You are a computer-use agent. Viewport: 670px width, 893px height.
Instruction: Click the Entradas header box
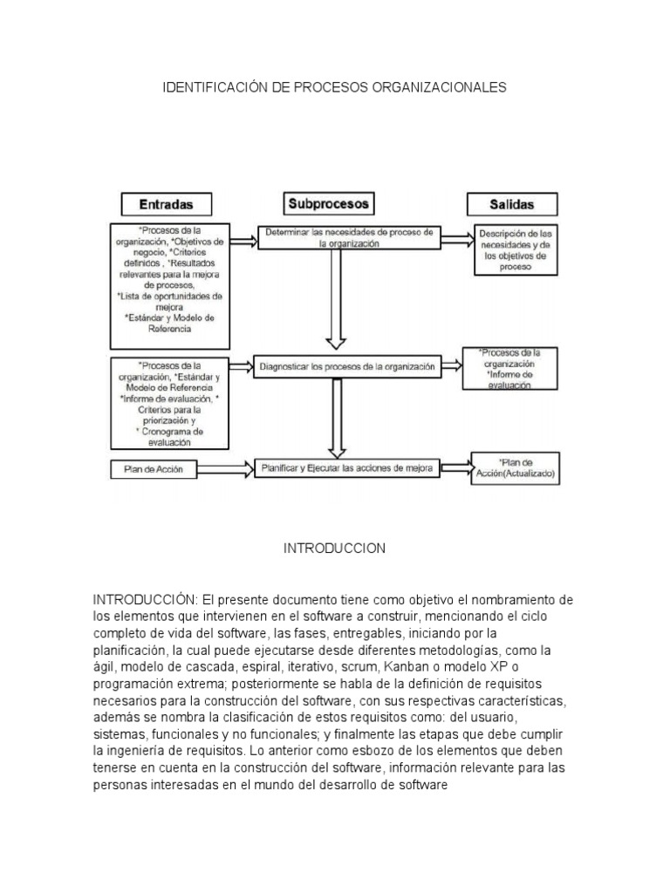(x=166, y=204)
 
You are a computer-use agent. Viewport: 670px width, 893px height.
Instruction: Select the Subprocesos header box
(x=329, y=204)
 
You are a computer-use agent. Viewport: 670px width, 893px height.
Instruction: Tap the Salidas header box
(x=512, y=205)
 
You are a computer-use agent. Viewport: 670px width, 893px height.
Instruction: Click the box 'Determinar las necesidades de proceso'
(x=349, y=238)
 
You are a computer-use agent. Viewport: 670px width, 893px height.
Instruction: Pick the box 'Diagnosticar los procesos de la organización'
(x=347, y=367)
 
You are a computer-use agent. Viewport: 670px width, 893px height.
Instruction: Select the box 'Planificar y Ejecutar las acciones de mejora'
(x=347, y=468)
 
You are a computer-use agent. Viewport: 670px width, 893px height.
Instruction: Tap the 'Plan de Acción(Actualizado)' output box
(x=515, y=469)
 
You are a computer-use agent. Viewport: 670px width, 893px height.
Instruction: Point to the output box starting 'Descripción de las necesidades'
(x=515, y=250)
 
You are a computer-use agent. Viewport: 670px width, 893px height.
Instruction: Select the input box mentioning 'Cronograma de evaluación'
(x=170, y=402)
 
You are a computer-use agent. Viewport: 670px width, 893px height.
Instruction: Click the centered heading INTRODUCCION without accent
(x=335, y=549)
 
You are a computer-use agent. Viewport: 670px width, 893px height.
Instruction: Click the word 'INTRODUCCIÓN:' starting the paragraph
(x=147, y=600)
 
